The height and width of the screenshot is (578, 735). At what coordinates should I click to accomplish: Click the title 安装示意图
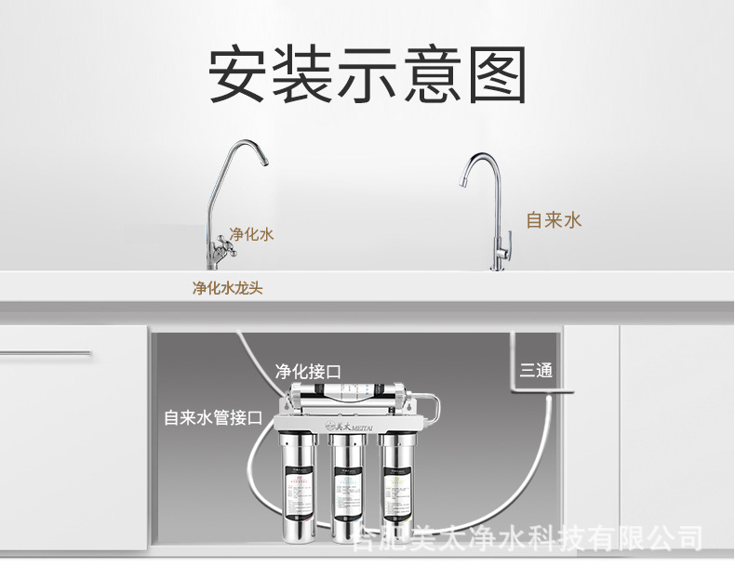(367, 73)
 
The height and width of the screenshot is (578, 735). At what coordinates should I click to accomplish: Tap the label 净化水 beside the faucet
(252, 234)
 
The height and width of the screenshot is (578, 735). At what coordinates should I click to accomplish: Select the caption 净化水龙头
(227, 288)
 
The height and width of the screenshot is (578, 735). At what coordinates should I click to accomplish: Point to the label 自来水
(554, 219)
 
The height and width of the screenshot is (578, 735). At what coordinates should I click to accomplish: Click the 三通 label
(537, 371)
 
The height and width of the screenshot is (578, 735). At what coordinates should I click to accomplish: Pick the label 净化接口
(307, 371)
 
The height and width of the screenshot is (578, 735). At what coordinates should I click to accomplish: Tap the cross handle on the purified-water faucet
(222, 246)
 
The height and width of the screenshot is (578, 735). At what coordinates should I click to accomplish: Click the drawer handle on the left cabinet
(45, 353)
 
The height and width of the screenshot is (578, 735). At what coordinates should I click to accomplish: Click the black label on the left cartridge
(296, 498)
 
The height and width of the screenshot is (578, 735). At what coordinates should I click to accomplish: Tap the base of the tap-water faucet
(498, 267)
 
